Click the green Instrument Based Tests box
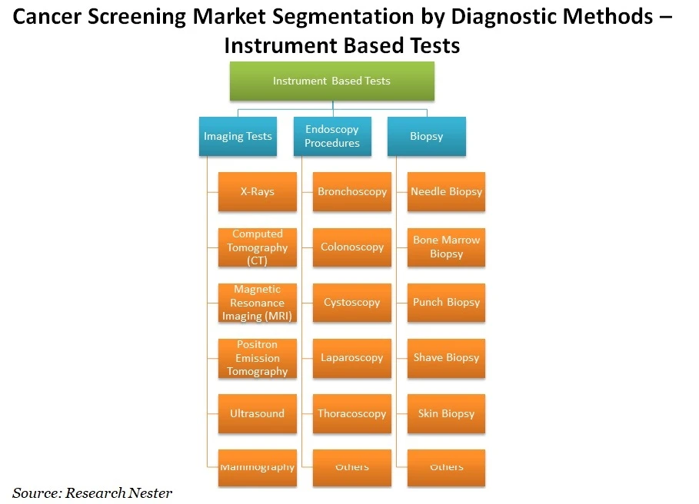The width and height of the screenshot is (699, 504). click(x=331, y=81)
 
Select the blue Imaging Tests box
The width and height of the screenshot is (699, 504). click(x=238, y=137)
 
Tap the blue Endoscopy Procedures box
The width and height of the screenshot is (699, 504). click(x=331, y=137)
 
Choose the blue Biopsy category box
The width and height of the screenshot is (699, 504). click(x=426, y=137)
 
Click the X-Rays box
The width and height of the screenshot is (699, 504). click(x=257, y=192)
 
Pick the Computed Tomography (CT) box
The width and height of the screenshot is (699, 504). click(x=257, y=247)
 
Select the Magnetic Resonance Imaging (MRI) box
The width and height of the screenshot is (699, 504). click(x=257, y=303)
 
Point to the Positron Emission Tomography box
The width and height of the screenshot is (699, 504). click(x=257, y=358)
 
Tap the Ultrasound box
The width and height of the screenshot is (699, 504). click(x=257, y=413)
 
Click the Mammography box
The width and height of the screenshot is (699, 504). click(x=257, y=468)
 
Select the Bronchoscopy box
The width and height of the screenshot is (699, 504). click(x=351, y=192)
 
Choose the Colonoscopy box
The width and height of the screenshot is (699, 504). click(x=351, y=247)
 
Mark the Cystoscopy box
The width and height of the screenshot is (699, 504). click(x=351, y=303)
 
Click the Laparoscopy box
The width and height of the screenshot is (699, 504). click(x=351, y=358)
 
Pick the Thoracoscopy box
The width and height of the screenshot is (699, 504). click(x=351, y=413)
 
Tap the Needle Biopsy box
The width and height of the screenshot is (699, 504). click(x=446, y=192)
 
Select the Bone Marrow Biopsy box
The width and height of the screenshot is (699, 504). click(x=446, y=247)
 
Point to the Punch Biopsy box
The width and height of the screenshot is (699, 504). click(x=446, y=303)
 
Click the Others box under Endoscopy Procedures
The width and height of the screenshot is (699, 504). click(x=351, y=468)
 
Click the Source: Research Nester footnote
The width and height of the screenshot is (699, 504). click(x=92, y=492)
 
